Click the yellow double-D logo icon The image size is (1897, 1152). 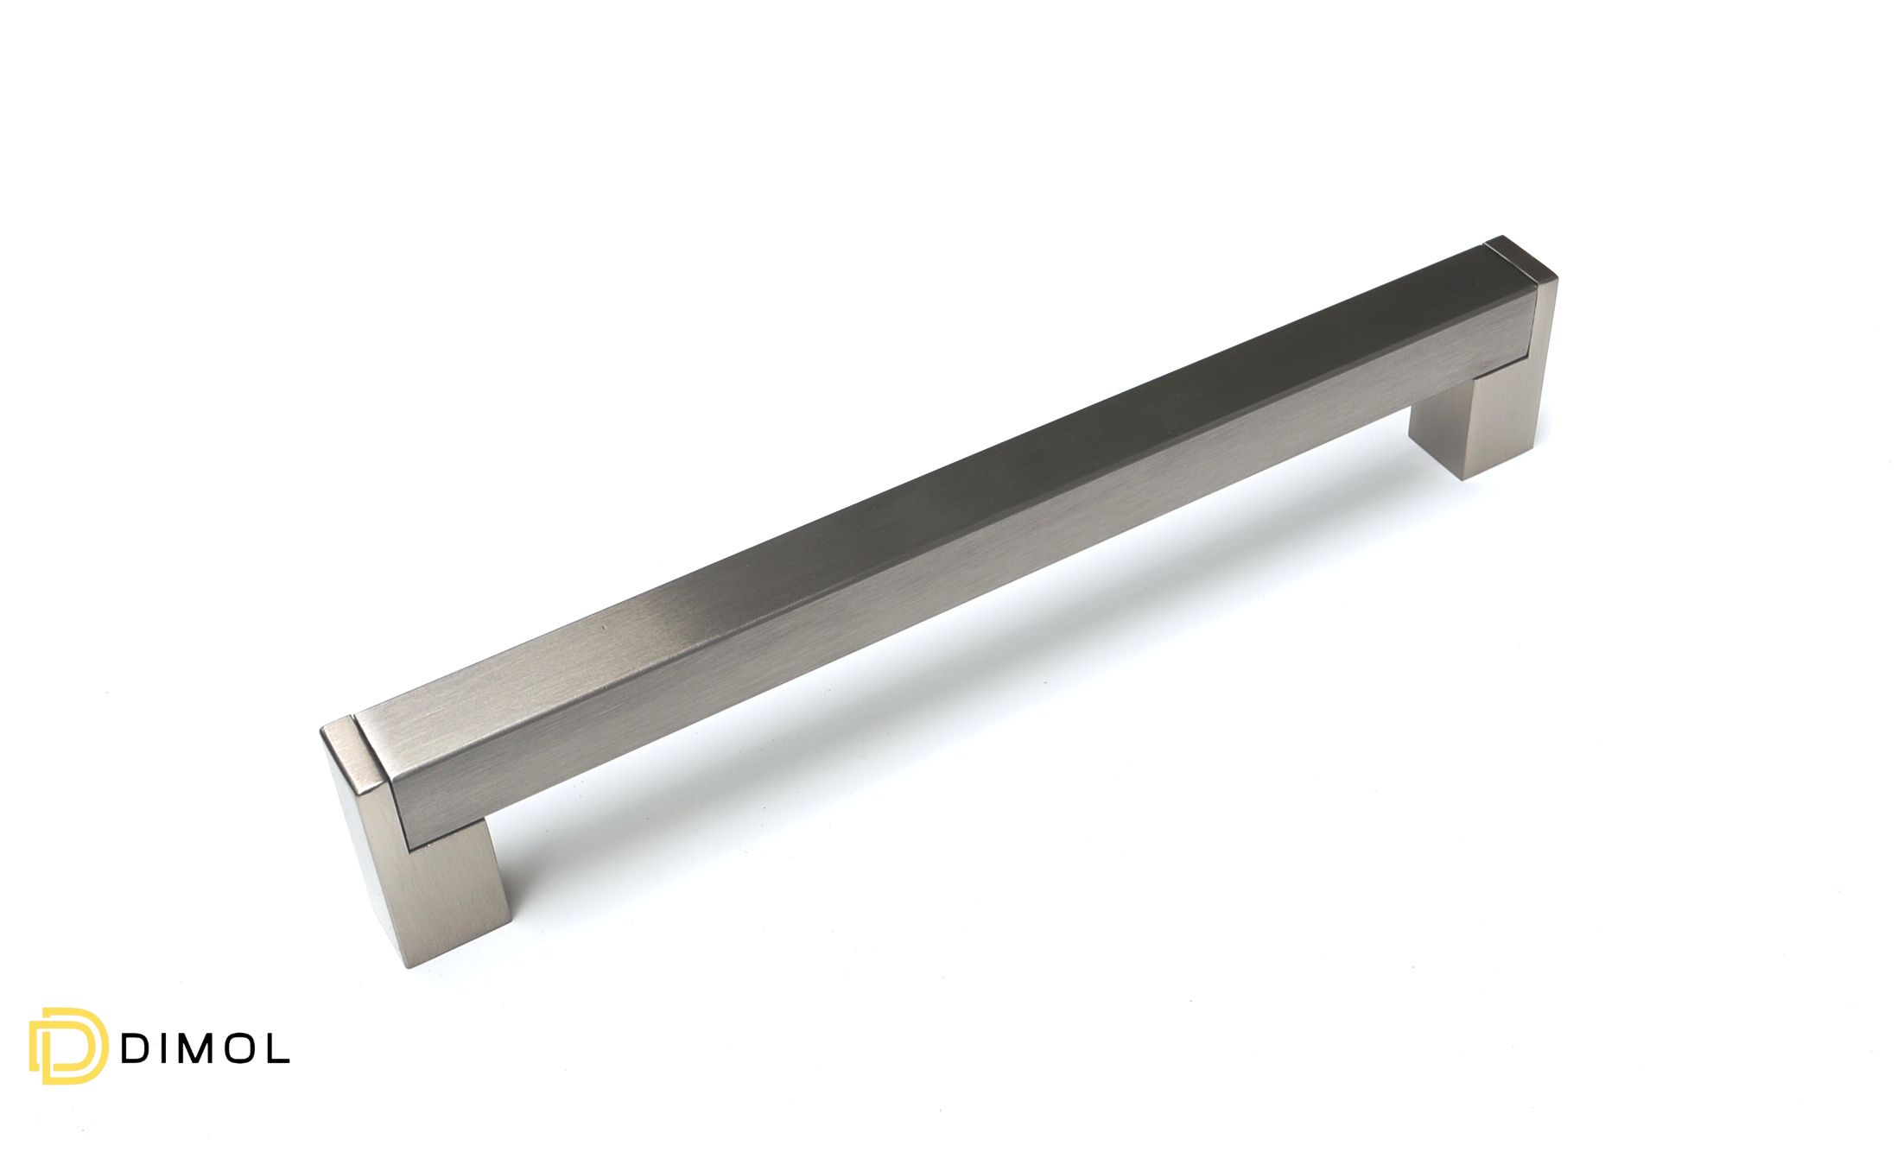tap(68, 1045)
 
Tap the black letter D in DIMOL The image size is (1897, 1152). tap(134, 1048)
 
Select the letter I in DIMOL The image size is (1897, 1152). tap(160, 1048)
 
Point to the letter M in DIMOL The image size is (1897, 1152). tap(192, 1048)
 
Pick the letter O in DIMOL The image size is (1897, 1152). tap(238, 1048)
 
